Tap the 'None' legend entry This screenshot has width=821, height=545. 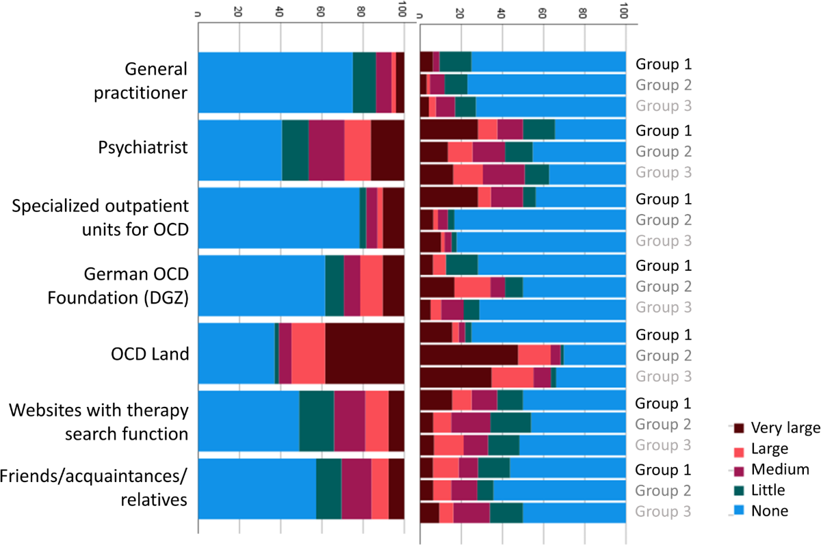click(770, 510)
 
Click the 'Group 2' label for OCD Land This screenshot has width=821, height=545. click(664, 356)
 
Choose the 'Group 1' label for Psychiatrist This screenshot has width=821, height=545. click(664, 130)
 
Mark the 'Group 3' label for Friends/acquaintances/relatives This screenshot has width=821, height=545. click(664, 511)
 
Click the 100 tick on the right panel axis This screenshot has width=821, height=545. click(623, 12)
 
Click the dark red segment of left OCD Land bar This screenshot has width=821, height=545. click(364, 354)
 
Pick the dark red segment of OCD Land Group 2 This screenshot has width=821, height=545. click(469, 356)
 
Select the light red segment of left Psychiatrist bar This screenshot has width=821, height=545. click(357, 150)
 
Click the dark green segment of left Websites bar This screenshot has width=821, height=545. click(316, 421)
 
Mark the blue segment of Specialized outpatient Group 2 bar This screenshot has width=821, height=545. click(540, 220)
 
